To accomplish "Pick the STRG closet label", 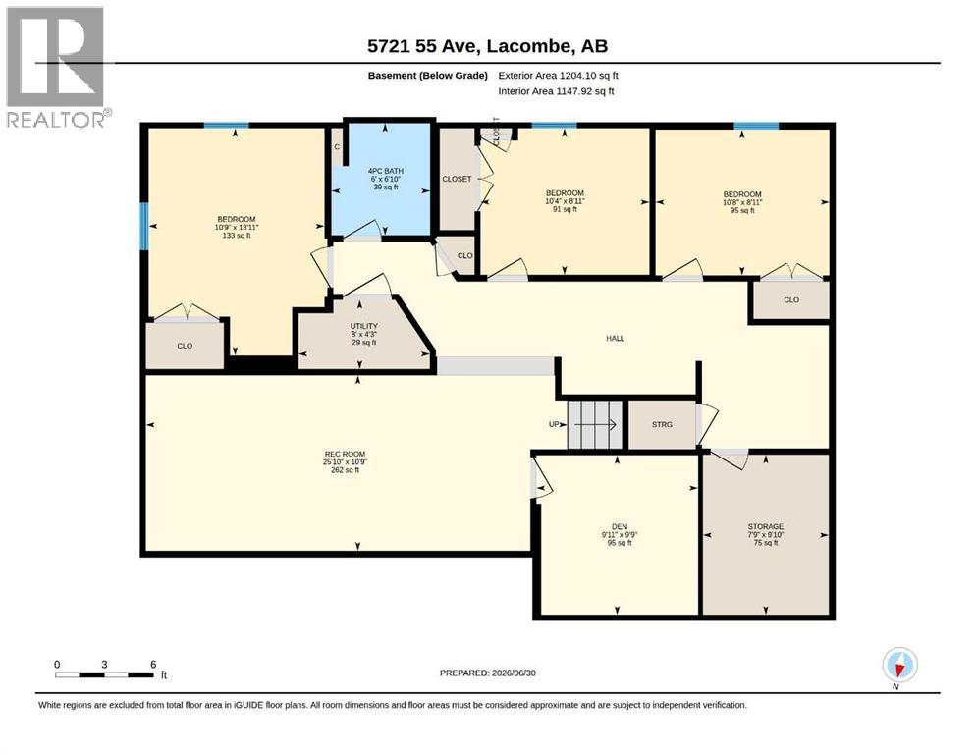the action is (662, 424).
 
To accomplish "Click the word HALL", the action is (615, 338).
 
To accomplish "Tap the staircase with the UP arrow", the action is (595, 424).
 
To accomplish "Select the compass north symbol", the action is (899, 666).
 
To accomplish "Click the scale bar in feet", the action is (104, 674).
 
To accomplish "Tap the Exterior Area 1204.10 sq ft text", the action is (559, 76).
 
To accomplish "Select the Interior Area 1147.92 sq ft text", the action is (556, 91).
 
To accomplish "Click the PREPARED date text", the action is (487, 673).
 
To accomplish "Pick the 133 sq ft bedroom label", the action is (237, 227).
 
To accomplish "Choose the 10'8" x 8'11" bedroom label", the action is (742, 202).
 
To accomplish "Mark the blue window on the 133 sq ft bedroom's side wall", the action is (144, 226).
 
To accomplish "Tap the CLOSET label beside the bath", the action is (457, 179).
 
